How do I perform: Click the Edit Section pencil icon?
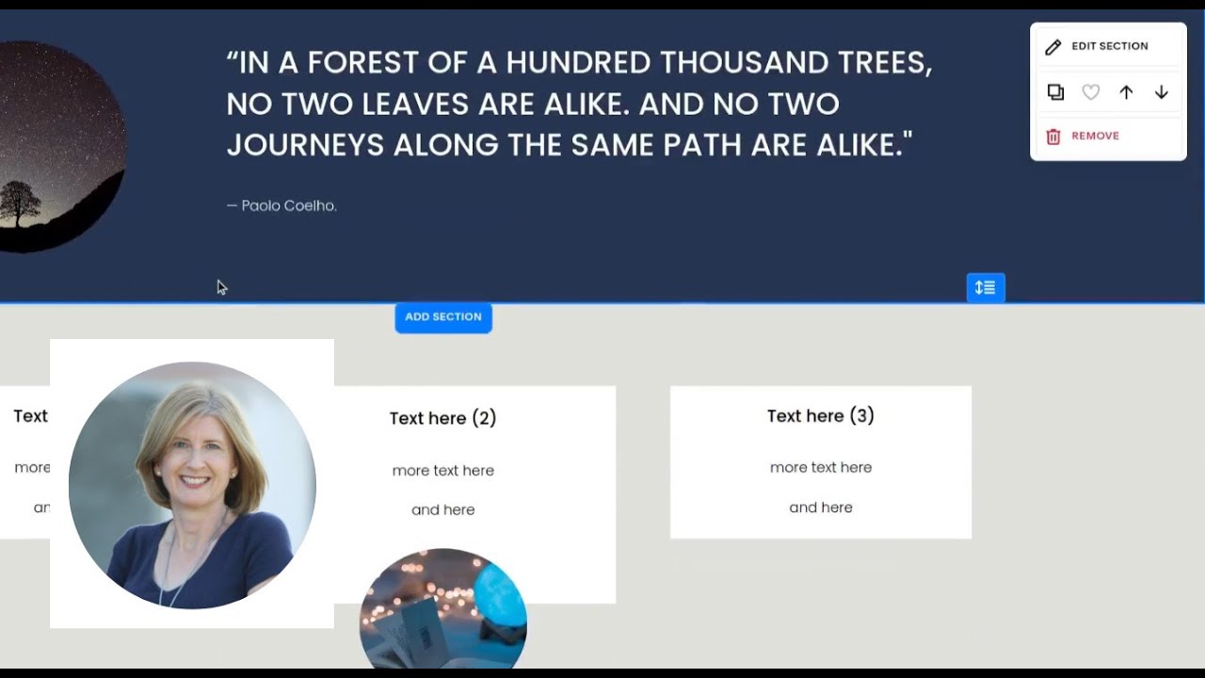(1053, 46)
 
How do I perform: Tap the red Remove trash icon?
(1053, 137)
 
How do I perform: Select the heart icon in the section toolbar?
(1090, 92)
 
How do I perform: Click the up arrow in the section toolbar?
(1126, 92)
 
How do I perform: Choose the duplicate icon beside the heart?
(1055, 92)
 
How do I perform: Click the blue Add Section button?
(443, 317)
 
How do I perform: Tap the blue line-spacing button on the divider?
(986, 287)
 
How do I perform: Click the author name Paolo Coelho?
(288, 205)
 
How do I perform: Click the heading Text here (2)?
(442, 418)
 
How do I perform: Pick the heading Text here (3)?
(820, 415)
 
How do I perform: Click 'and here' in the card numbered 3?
(820, 508)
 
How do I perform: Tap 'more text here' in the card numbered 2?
(442, 471)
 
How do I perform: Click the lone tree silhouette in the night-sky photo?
(20, 202)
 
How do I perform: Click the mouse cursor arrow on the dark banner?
(221, 287)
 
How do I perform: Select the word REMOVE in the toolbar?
(1095, 137)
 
